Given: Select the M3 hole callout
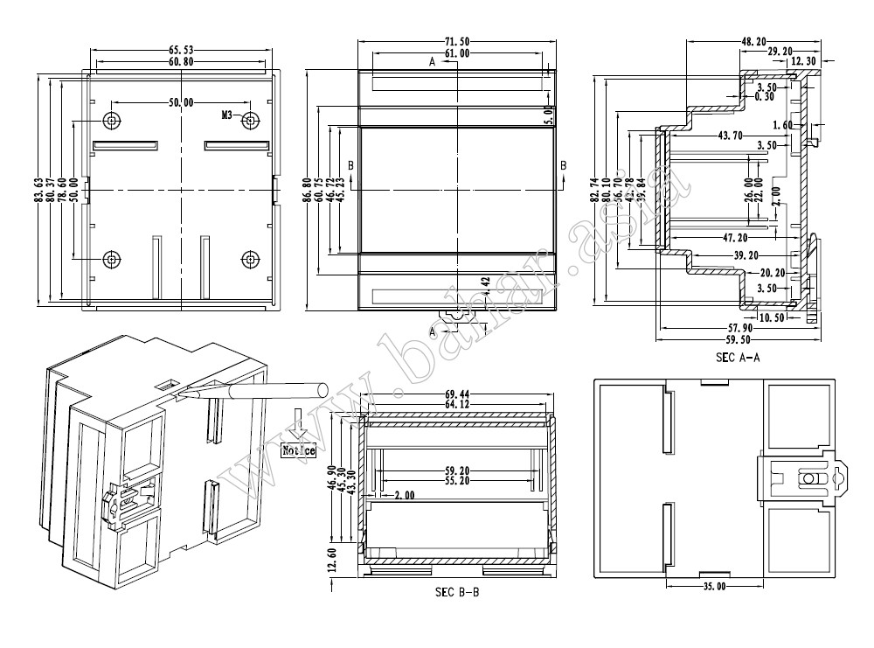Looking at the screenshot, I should (227, 115).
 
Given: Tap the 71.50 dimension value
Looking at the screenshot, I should (458, 41).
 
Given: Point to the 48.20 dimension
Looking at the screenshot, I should (753, 41).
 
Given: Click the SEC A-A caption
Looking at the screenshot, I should (738, 357).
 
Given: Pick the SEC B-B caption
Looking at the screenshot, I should (457, 592).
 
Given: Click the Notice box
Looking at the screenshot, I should (298, 451).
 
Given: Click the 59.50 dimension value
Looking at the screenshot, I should (738, 339).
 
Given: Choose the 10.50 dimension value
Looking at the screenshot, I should (772, 317).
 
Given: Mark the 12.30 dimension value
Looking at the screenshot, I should (804, 62).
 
